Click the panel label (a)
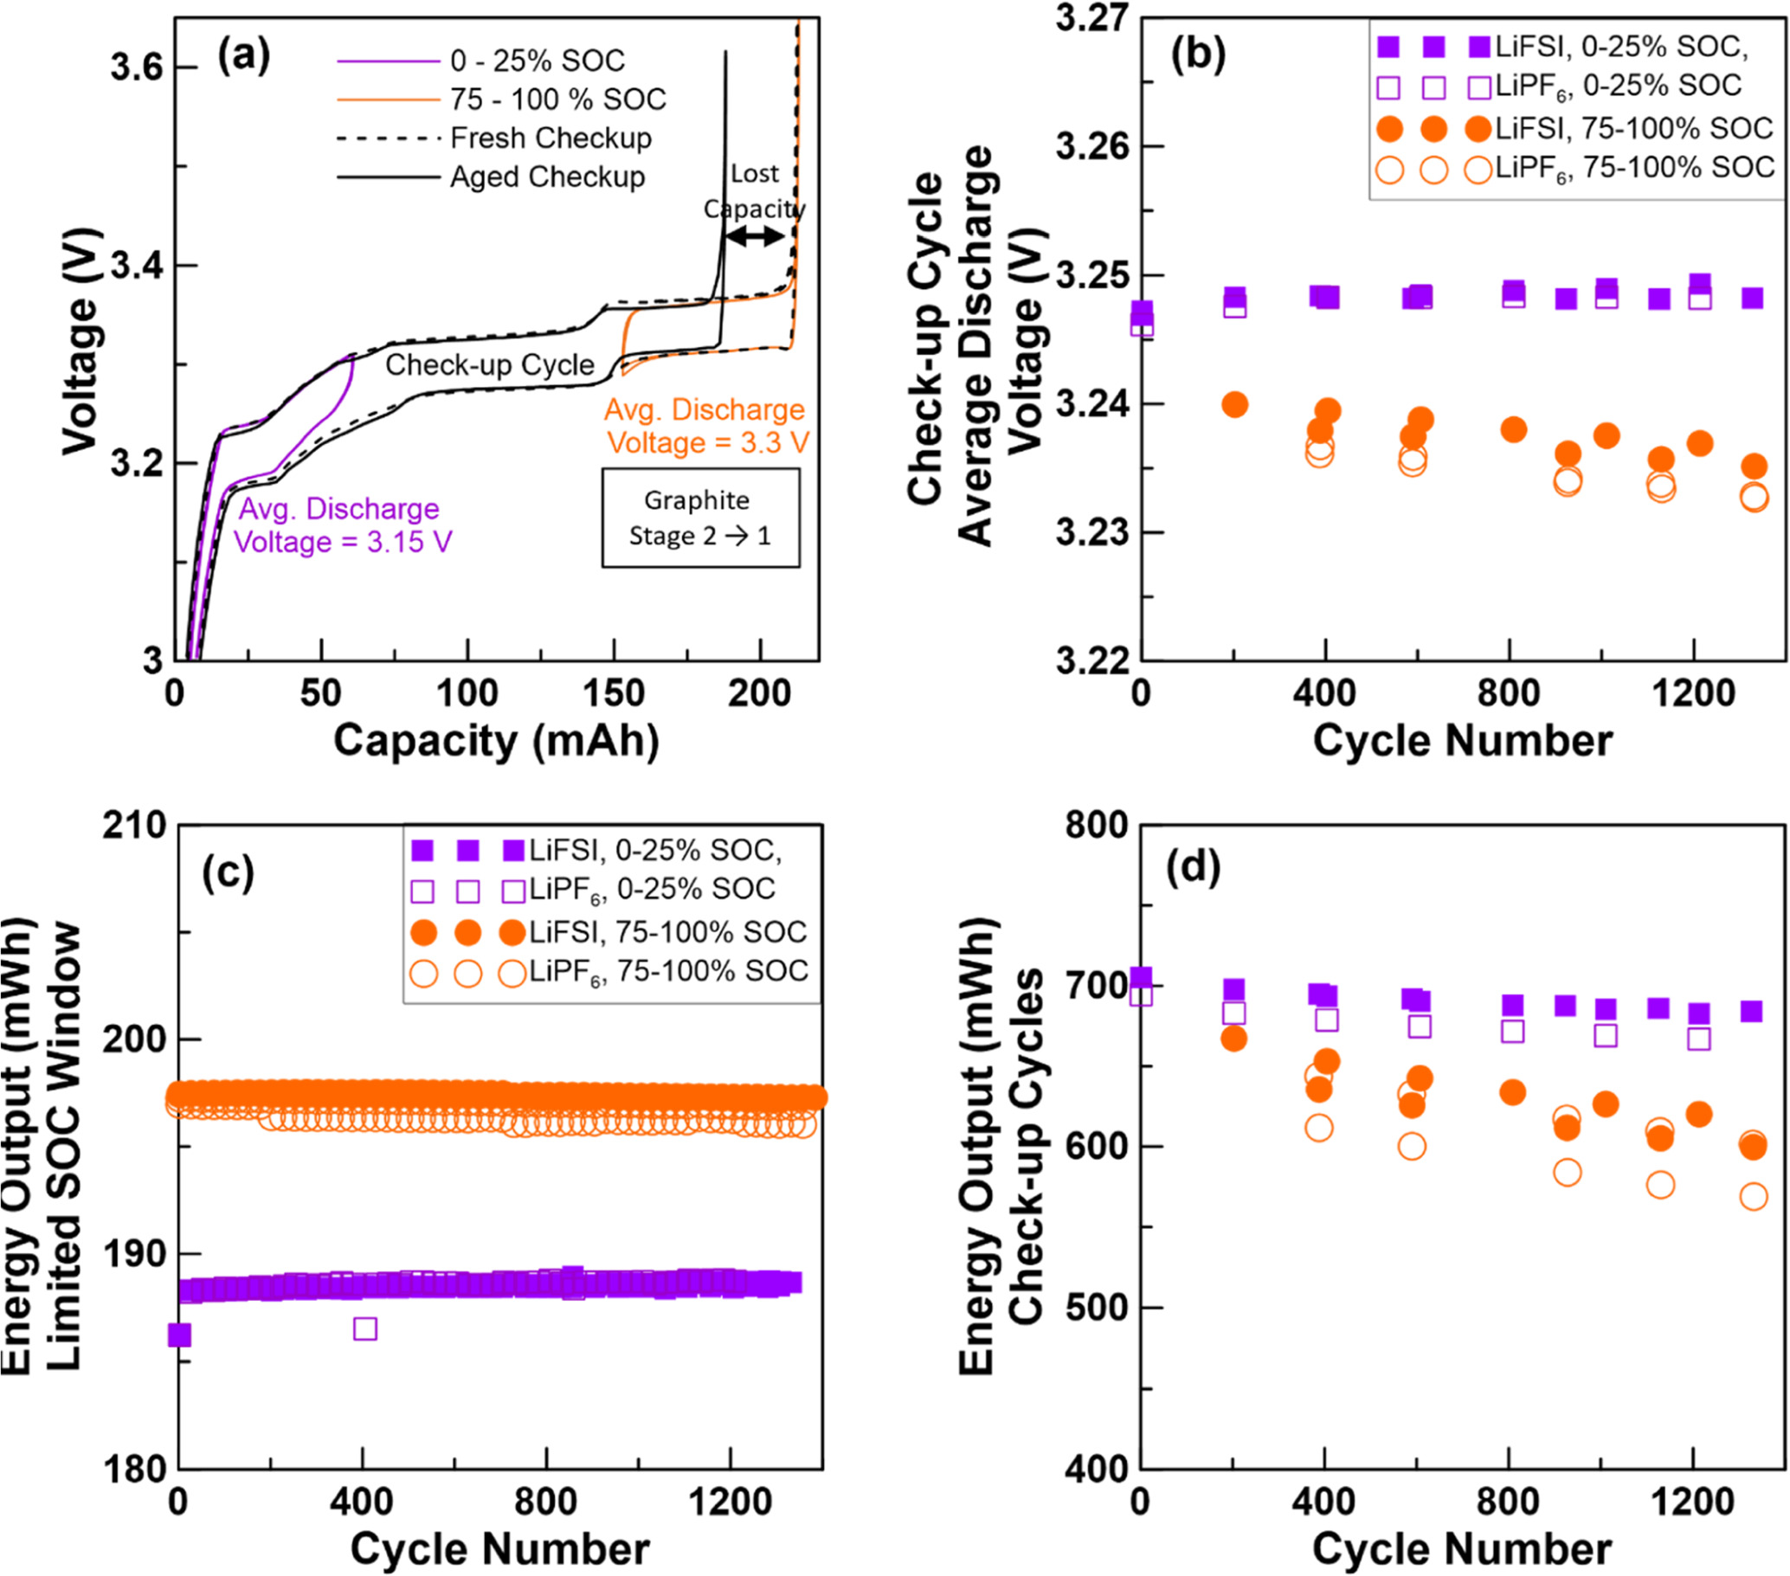point(243,57)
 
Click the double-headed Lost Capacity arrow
point(755,235)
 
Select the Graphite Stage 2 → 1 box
point(699,518)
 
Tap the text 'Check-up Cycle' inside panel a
point(490,364)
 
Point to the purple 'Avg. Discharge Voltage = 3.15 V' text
point(343,525)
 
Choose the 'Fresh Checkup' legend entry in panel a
point(550,138)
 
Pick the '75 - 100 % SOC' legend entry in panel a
point(557,99)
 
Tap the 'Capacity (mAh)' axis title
point(496,741)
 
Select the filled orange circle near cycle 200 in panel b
point(1234,404)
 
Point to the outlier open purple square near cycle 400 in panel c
point(365,1329)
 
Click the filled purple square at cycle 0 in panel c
point(179,1335)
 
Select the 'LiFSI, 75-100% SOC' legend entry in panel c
point(667,931)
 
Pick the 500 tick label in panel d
point(1095,1307)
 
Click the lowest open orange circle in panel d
point(1754,1197)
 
